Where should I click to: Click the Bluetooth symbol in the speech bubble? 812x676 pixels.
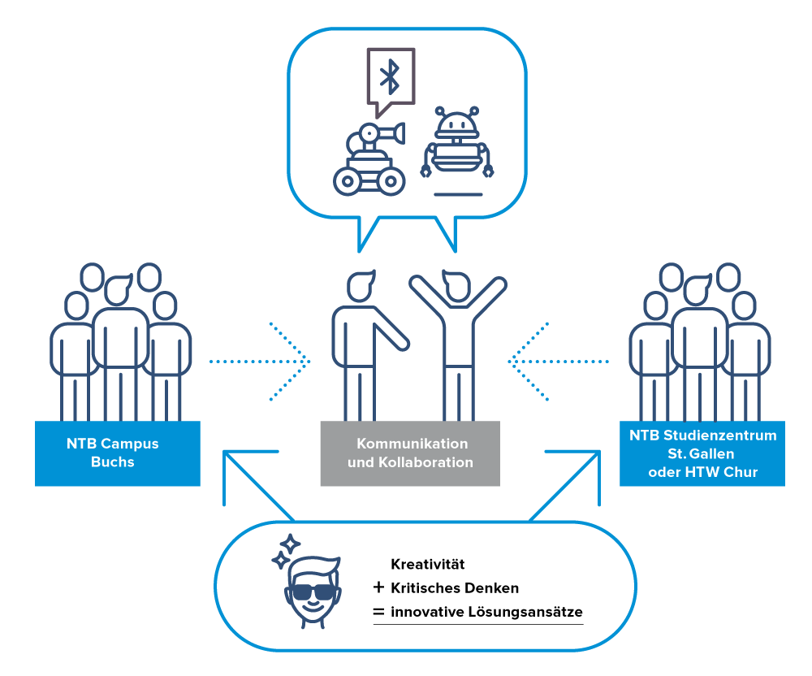coord(391,76)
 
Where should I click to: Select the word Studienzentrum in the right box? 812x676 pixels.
coord(720,435)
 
